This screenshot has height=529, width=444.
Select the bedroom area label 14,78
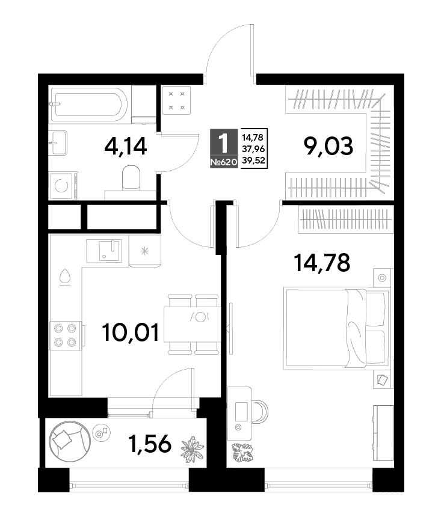point(322,263)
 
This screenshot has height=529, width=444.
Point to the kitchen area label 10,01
point(131,332)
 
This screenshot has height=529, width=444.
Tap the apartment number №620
point(224,163)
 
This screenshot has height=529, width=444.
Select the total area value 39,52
point(253,161)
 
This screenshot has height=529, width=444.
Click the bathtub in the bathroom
point(88,104)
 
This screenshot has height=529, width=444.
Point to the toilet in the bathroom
point(131,177)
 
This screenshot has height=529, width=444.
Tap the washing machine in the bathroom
point(64,186)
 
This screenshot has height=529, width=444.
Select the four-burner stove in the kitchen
point(66,336)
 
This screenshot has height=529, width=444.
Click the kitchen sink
point(107,251)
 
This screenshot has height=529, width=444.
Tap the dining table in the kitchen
point(192,324)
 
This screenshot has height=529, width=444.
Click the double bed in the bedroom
point(336,328)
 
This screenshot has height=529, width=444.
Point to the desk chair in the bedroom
point(259,412)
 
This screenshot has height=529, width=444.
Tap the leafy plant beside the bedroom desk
point(242,452)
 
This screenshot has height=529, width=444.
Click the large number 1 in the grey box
point(224,144)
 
